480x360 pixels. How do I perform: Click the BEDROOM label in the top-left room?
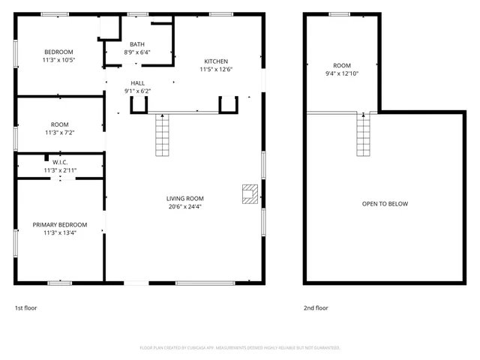[x=58, y=51]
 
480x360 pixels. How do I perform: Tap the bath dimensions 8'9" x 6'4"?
[x=137, y=52]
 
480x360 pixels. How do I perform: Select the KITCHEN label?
[x=216, y=61]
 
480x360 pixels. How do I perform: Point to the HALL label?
[x=137, y=83]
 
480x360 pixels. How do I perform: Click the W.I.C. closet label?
[x=60, y=162]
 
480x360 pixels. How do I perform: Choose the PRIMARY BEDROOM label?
[x=60, y=225]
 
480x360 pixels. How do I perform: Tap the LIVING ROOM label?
[x=184, y=199]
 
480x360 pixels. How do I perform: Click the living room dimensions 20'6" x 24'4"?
[x=184, y=207]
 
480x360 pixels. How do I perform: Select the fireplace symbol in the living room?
[x=248, y=193]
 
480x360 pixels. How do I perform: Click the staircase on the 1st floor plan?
[x=163, y=134]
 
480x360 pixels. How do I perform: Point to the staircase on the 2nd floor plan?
[x=364, y=134]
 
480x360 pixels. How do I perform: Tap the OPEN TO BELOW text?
[x=385, y=204]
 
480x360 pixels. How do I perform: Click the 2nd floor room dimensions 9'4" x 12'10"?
[x=342, y=73]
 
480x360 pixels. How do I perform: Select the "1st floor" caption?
[x=25, y=307]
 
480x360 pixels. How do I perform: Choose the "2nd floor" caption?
[x=316, y=307]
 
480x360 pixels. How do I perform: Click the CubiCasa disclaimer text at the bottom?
[x=240, y=348]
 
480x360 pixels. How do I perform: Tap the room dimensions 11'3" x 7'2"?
[x=60, y=133]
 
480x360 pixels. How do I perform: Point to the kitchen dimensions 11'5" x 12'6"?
[x=216, y=70]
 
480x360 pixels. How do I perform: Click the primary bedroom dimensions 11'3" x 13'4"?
[x=60, y=233]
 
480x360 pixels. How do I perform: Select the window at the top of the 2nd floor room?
[x=339, y=14]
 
